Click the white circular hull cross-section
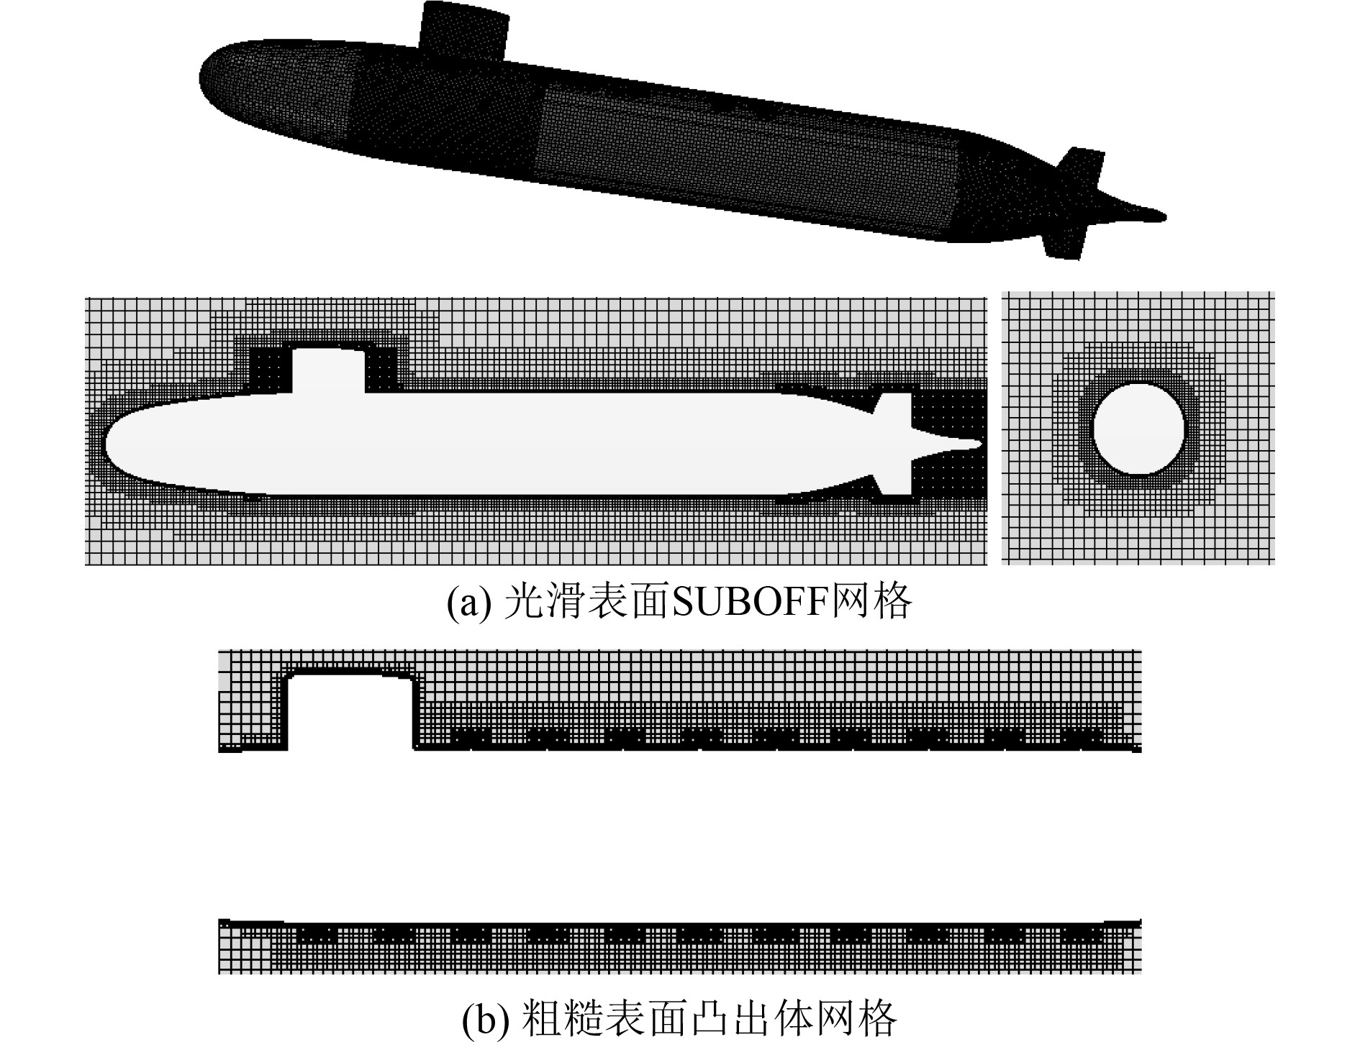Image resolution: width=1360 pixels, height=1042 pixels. click(1138, 429)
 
